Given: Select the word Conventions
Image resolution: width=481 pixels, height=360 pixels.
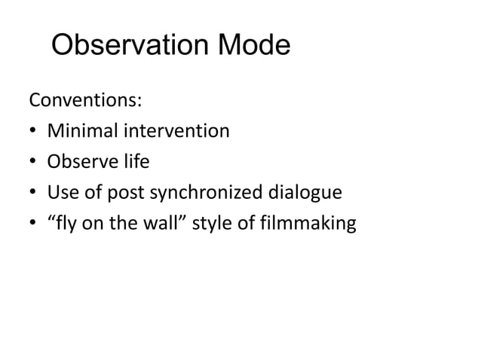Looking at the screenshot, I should point(74,100).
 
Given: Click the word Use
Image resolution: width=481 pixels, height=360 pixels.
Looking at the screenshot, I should point(62,194).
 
